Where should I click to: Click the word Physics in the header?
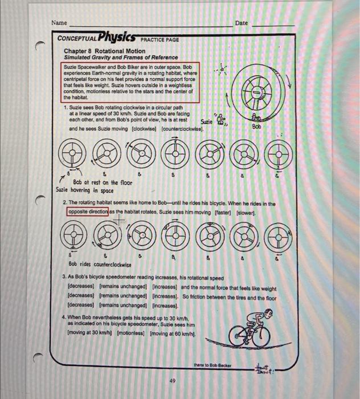[117, 38]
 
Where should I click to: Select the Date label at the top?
[242, 23]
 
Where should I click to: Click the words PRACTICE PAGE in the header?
[159, 39]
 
